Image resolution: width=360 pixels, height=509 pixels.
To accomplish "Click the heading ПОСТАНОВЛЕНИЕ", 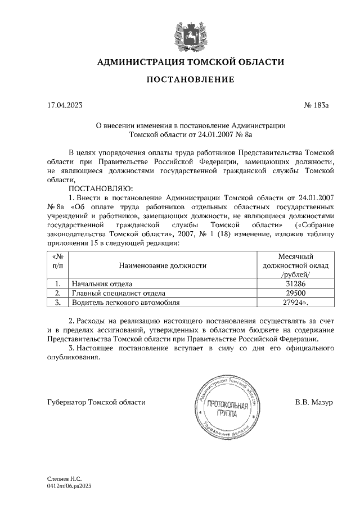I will (190, 80).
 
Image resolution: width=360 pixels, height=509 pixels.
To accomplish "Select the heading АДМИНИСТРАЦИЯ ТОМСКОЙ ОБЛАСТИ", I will (191, 62).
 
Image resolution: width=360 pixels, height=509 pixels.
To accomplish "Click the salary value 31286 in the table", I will (295, 284).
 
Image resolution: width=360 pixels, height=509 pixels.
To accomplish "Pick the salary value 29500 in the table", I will (295, 293).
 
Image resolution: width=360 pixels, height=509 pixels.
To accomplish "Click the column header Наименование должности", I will (162, 265).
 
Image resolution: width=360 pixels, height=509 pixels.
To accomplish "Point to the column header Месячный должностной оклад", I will (295, 265).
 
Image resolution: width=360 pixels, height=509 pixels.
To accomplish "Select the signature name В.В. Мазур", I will (314, 402).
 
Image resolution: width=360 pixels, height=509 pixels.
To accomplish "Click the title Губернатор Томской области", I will (96, 402).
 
